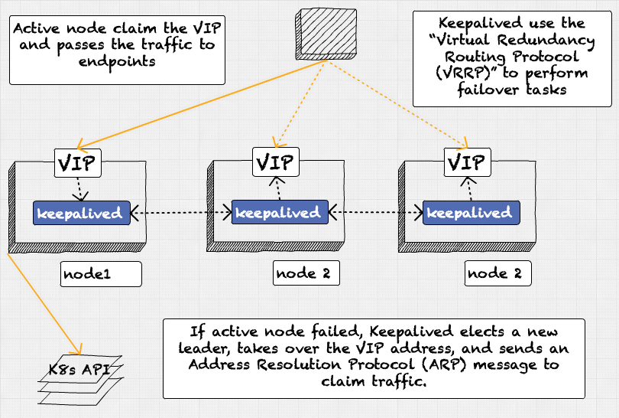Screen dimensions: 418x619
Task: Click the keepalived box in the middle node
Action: pyautogui.click(x=280, y=212)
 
